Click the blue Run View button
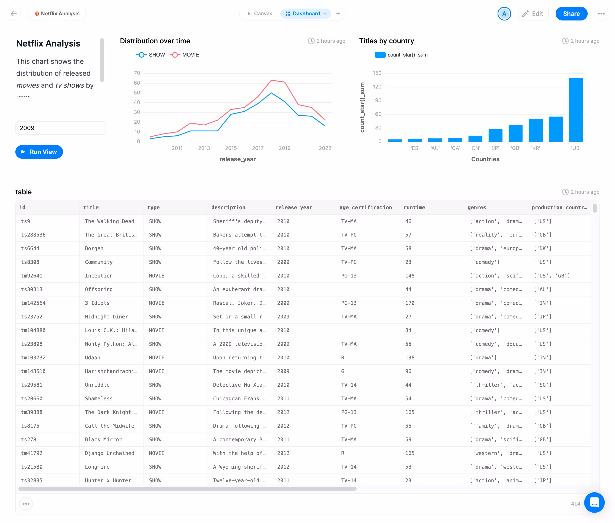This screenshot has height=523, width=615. pos(39,152)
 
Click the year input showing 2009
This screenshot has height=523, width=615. pos(61,128)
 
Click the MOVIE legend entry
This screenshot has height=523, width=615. pos(185,55)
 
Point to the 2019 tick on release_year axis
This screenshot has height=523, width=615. pos(284,148)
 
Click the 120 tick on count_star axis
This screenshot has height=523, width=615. pos(377,87)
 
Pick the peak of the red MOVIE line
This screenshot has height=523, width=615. pos(271,80)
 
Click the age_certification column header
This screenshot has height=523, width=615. pos(365,208)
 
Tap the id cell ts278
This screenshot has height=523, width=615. pos(29,439)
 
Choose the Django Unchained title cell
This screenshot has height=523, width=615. pos(109,453)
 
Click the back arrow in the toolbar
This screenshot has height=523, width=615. pos(14,14)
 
